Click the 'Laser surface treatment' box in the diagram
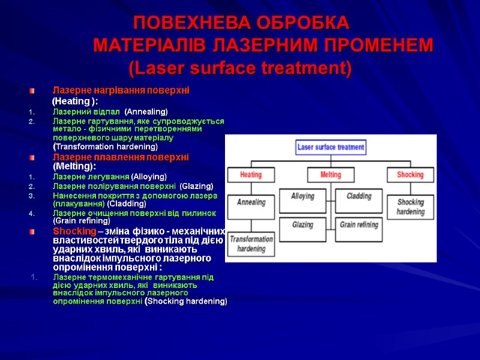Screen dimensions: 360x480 point(331,147)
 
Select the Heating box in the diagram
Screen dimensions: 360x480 point(251,175)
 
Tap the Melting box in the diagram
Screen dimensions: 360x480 point(330,175)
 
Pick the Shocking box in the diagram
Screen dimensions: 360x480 point(410,175)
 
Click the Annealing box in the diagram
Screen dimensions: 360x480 point(251,202)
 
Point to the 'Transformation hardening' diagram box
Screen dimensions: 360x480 point(251,244)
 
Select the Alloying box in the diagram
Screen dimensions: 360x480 point(302,197)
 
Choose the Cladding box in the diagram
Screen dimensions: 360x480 point(359,197)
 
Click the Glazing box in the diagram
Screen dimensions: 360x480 point(302,224)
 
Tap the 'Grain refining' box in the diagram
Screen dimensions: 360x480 point(359,224)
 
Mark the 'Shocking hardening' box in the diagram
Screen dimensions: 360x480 point(410,207)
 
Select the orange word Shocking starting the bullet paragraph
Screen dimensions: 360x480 point(74,231)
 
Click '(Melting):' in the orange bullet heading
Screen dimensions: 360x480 point(74,166)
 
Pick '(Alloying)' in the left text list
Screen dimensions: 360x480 point(149,176)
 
